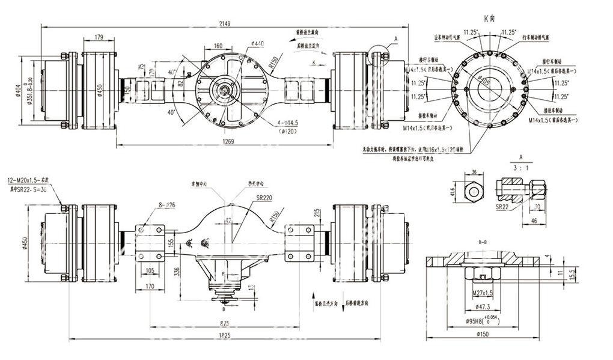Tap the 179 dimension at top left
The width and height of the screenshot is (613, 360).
click(99, 37)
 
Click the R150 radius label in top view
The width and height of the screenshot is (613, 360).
click(275, 61)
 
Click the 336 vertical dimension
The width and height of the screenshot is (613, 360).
click(177, 271)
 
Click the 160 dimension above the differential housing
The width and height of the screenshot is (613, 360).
click(218, 46)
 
